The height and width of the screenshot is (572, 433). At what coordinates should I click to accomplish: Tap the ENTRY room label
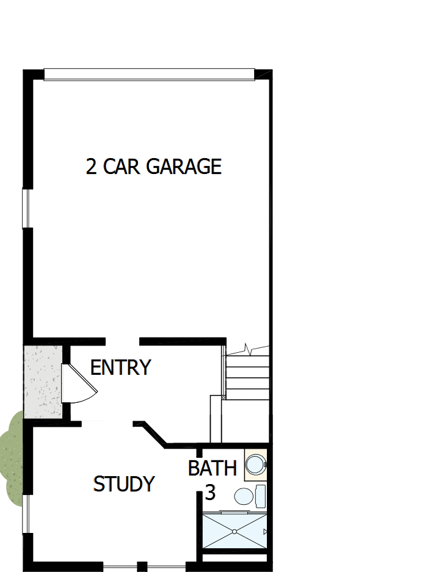click(x=120, y=368)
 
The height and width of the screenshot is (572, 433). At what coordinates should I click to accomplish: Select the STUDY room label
click(x=123, y=484)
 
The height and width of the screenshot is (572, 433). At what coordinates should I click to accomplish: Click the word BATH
click(x=212, y=469)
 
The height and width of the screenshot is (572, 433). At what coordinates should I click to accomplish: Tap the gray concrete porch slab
click(x=42, y=382)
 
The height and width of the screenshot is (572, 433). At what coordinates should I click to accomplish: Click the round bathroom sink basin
click(x=255, y=465)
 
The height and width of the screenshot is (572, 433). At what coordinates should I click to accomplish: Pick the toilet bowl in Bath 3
click(x=244, y=496)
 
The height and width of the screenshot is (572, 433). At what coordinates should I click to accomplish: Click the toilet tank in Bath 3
click(x=260, y=496)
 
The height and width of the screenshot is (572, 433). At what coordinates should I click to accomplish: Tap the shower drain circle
click(x=234, y=532)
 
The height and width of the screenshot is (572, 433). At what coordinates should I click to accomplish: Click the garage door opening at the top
click(x=149, y=74)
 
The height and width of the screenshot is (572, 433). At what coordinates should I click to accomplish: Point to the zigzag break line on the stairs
click(x=247, y=349)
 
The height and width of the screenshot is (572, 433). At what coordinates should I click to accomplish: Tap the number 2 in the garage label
click(x=91, y=167)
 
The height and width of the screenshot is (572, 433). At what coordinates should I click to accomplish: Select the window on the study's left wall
click(x=26, y=513)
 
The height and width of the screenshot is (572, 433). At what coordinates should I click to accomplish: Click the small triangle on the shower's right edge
click(x=265, y=532)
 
